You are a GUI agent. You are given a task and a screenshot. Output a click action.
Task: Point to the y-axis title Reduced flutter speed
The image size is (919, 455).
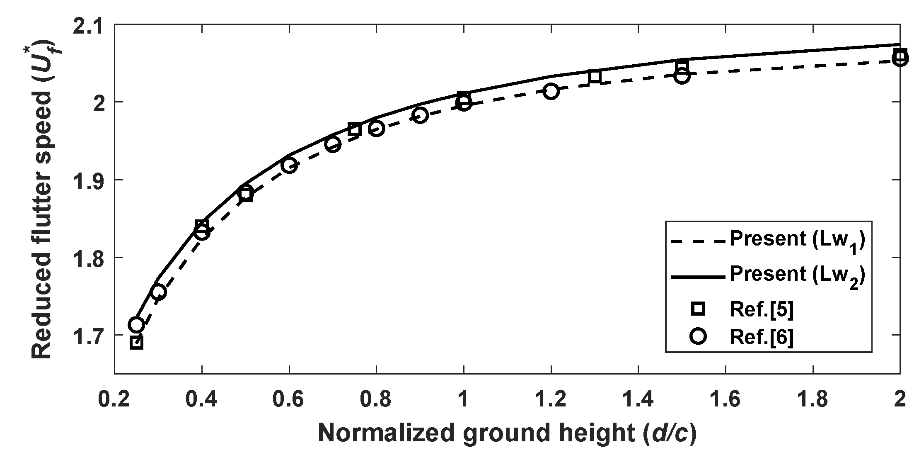coord(43,199)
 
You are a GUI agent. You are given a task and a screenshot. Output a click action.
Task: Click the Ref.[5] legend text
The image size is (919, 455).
coord(762,310)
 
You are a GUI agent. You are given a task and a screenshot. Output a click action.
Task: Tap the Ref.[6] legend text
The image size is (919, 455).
coord(762,337)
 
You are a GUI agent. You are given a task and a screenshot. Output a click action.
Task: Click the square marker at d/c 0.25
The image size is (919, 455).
coord(136,343)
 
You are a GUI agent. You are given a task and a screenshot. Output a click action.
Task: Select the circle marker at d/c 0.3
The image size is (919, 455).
coord(158,292)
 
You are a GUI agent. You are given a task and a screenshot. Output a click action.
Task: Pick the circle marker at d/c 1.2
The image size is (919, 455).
coord(551,91)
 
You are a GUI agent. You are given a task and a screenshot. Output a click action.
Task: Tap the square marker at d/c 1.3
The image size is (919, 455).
coord(595,77)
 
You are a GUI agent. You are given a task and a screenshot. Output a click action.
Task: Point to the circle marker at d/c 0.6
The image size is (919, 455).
coord(289,165)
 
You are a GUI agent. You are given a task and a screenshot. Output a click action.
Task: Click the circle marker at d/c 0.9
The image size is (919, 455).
coord(420,115)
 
